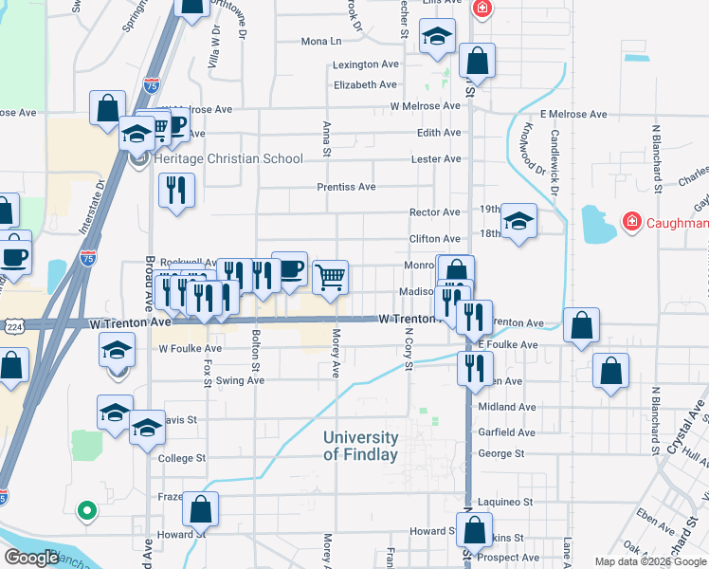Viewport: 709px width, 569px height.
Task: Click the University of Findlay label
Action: coord(360,446)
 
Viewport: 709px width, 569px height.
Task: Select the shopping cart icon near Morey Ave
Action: coord(330,278)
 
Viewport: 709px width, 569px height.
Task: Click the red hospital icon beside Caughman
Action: coord(630,222)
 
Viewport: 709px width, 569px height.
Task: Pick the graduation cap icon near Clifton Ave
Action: coord(518,222)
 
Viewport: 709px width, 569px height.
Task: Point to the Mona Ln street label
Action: coord(320,42)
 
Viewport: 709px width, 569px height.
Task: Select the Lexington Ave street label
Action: coord(365,65)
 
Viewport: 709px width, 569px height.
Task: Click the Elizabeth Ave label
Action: coord(365,84)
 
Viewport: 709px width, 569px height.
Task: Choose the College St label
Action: coord(181,458)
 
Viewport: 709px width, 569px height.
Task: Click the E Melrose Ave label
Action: coord(573,114)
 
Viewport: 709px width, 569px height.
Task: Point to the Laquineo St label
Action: coord(505,502)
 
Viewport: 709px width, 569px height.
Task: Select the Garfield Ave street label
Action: coord(506,431)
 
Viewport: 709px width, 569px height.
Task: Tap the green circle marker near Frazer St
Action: coord(87,511)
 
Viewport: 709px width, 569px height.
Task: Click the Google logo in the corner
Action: coord(31,558)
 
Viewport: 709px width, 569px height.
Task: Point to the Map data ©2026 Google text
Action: coord(649,561)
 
